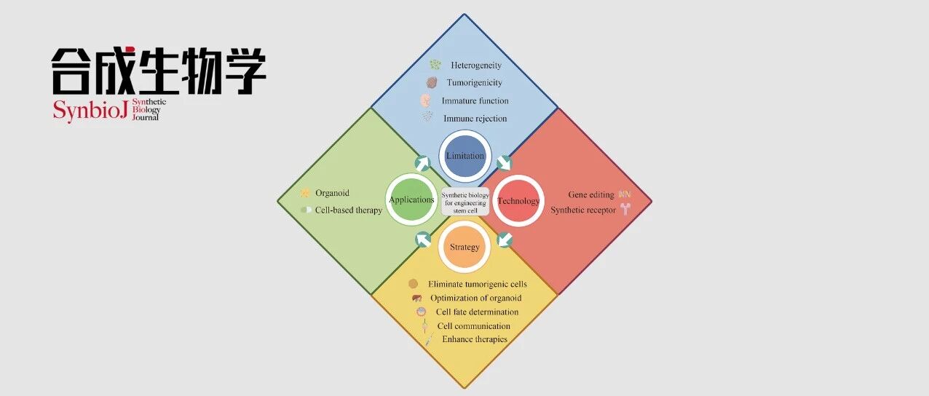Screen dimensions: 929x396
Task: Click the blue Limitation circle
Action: [x=465, y=156]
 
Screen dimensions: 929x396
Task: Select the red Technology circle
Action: [x=518, y=201]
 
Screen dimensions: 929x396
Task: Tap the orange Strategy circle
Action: [x=464, y=247]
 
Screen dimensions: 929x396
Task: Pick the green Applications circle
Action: [x=411, y=200]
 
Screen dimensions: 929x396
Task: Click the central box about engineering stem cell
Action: [x=465, y=202]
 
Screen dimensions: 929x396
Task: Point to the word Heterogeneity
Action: [x=476, y=65]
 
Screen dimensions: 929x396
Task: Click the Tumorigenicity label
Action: [x=475, y=82]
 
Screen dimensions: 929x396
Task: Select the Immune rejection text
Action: [x=475, y=118]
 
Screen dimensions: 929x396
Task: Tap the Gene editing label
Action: [x=591, y=194]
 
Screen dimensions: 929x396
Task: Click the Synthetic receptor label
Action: [x=583, y=210]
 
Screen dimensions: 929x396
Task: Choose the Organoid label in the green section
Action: [x=332, y=193]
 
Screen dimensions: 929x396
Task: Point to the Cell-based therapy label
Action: [x=348, y=210]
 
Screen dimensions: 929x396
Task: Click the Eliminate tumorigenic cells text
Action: [x=478, y=284]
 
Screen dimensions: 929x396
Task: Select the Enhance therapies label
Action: [x=475, y=339]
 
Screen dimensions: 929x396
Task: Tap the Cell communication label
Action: [x=474, y=326]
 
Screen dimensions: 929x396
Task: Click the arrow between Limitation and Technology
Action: [x=505, y=163]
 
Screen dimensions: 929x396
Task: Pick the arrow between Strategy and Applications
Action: [x=423, y=239]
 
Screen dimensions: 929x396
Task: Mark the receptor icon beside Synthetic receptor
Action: [x=625, y=209]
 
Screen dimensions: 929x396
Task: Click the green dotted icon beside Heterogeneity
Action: [x=435, y=64]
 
